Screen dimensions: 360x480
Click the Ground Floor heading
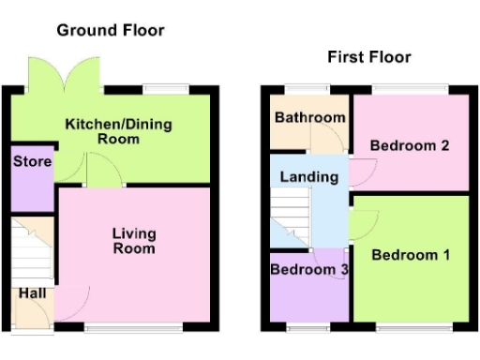111,30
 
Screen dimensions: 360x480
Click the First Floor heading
369,57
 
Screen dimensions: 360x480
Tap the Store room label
32,162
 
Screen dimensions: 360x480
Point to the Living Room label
133,241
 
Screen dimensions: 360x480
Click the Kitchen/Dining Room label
117,131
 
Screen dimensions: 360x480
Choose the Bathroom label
308,118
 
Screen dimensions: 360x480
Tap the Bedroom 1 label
404,255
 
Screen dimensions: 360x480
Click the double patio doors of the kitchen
65,73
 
